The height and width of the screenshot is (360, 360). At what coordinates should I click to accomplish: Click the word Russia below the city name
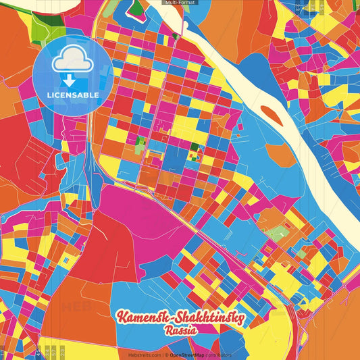tap(180, 331)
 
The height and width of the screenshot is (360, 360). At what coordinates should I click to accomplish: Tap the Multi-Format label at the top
tap(180, 3)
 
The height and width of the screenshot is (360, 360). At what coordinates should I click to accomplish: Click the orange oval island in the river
tap(272, 113)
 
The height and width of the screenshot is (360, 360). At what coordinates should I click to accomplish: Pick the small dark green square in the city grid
tap(195, 147)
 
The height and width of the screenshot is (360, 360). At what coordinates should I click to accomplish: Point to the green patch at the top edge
tap(137, 7)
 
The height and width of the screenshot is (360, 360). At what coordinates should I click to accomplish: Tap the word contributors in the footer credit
tap(217, 355)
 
